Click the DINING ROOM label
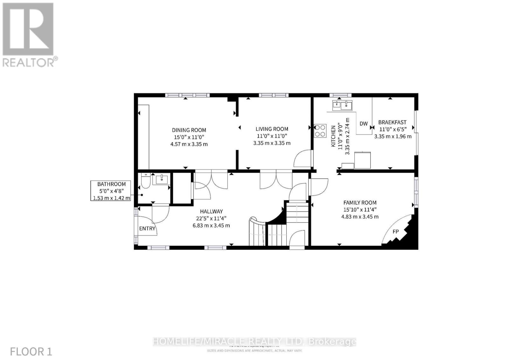point(189,130)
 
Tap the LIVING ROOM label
point(272,129)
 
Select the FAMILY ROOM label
point(360,203)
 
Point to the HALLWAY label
point(211,211)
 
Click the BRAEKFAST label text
point(392,122)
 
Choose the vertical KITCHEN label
point(333,136)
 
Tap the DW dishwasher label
point(364,124)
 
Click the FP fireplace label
point(395,232)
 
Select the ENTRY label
point(147,228)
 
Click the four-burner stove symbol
point(320,131)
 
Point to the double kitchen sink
point(342,105)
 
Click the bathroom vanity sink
point(162,179)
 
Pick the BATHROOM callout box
point(111,190)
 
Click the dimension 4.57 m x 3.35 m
point(189,144)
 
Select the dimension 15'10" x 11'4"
point(360,210)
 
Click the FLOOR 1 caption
point(31,351)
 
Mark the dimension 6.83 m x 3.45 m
point(211,225)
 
